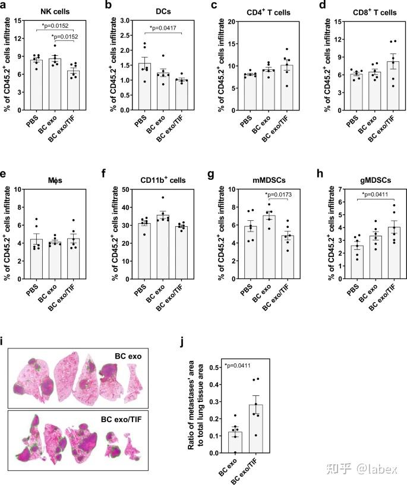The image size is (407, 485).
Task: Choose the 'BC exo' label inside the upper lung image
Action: pyautogui.click(x=130, y=357)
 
